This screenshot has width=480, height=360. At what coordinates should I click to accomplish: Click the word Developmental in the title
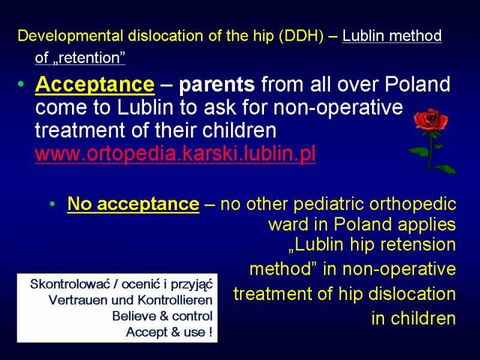(x=70, y=36)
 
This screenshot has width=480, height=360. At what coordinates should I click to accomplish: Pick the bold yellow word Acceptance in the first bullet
(x=95, y=84)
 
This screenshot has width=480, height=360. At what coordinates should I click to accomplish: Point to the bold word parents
(x=217, y=85)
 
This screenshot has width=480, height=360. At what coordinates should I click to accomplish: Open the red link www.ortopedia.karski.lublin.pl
(x=175, y=154)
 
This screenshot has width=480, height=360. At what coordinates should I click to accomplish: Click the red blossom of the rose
(x=430, y=119)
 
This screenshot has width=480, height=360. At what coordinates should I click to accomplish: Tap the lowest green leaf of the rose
(x=445, y=169)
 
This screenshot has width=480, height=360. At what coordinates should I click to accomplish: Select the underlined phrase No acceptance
(x=133, y=203)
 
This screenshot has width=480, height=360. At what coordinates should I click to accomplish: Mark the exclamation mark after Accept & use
(x=211, y=332)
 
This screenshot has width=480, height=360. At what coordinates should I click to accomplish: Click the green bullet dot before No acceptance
(x=52, y=203)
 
